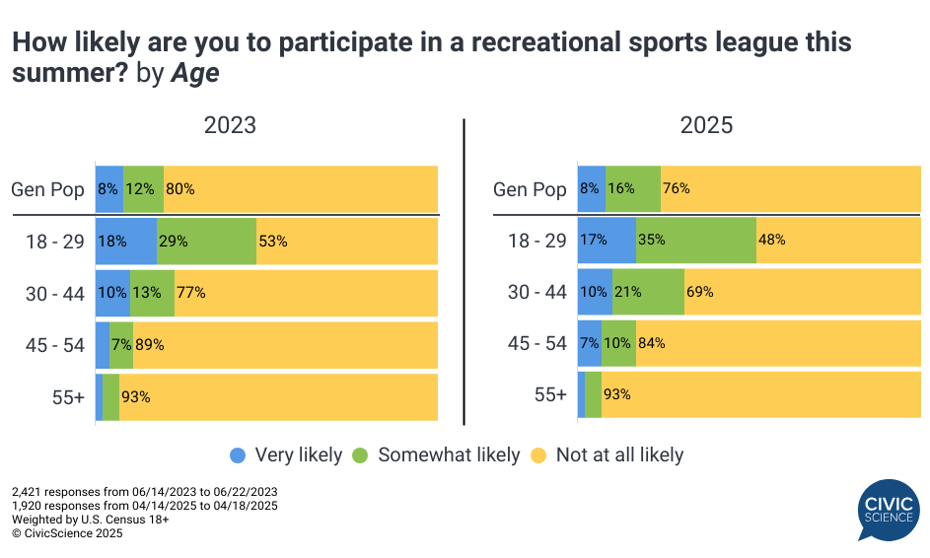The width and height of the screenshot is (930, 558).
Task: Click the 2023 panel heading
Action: click(x=229, y=125)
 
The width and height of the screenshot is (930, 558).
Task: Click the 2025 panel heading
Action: click(x=706, y=125)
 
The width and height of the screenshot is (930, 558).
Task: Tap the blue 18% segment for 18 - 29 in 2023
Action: click(x=126, y=242)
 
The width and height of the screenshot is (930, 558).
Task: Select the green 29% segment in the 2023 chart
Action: click(x=206, y=242)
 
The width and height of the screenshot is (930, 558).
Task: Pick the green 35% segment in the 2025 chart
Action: click(x=696, y=240)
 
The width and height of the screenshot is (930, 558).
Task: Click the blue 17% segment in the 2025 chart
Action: click(x=607, y=240)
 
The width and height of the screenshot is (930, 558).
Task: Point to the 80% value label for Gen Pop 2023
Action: click(x=180, y=189)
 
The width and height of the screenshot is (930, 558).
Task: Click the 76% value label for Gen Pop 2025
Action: click(x=677, y=189)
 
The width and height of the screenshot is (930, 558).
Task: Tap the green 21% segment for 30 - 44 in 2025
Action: click(x=648, y=292)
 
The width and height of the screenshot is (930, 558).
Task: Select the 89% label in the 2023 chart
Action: click(x=150, y=345)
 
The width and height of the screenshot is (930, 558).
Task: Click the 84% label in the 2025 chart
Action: click(x=651, y=343)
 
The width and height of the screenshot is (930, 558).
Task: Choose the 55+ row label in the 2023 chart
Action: click(x=67, y=397)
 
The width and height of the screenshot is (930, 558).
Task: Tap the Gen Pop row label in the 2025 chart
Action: click(x=531, y=189)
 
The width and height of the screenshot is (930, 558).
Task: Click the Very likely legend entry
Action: click(x=286, y=455)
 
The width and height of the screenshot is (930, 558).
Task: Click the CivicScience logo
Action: click(x=891, y=511)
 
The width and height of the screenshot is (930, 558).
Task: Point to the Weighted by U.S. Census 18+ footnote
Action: click(x=91, y=520)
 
